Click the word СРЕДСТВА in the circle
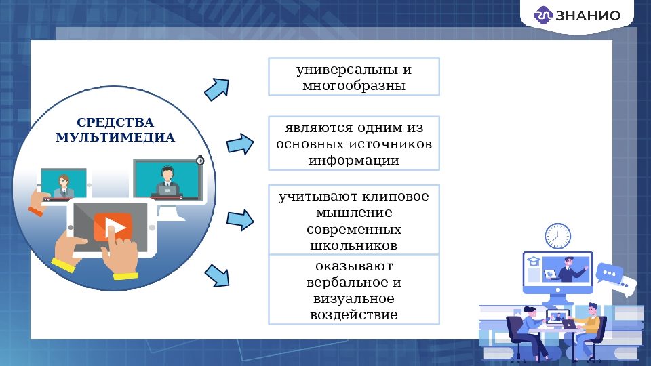tap(115, 123)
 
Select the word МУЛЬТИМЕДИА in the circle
tap(115, 138)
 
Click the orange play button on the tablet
tap(113, 226)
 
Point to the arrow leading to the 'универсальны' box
tap(218, 88)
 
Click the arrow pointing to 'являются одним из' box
tap(239, 143)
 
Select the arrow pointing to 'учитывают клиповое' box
tap(239, 220)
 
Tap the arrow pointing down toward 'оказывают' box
tap(217, 275)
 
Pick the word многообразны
tap(353, 86)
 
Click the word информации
tap(353, 161)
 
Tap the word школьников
tap(353, 245)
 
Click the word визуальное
tap(353, 298)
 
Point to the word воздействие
tap(353, 314)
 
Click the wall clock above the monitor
tap(557, 236)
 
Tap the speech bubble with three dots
tap(608, 273)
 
